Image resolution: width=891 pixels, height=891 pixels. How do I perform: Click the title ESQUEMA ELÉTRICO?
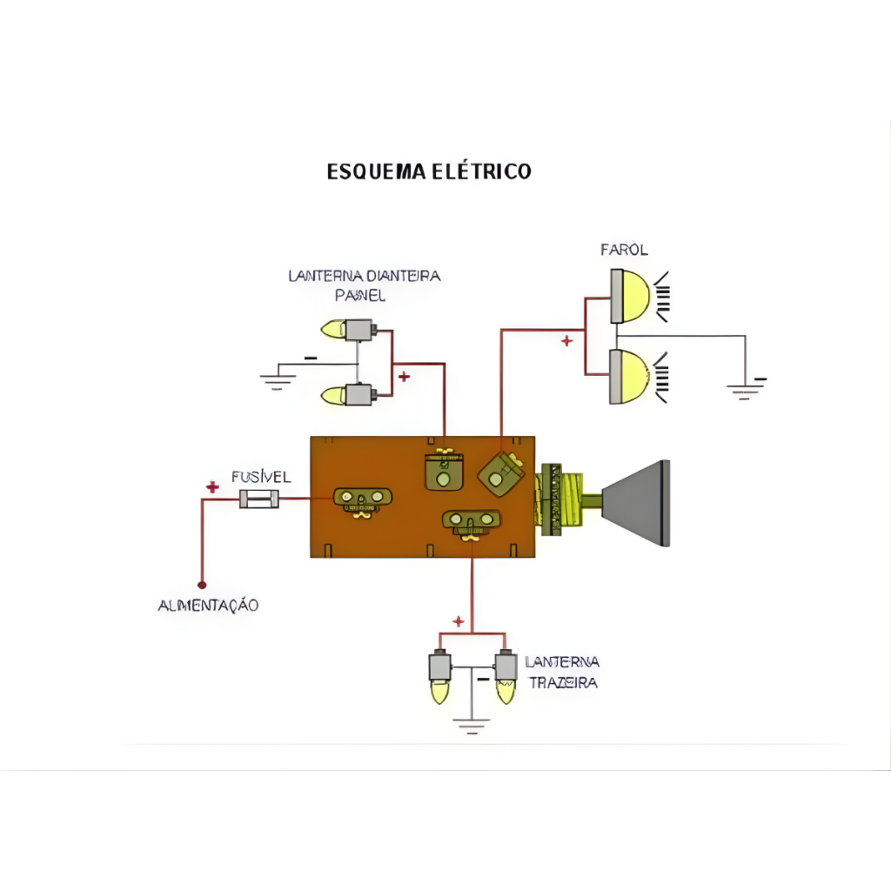tap(429, 171)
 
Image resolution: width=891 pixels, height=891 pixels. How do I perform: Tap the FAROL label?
tap(624, 250)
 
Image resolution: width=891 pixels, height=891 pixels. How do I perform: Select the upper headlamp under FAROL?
tap(631, 296)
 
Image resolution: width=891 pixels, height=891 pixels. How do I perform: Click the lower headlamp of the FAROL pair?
tap(631, 376)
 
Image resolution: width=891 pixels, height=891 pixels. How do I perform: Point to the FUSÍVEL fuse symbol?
tap(259, 499)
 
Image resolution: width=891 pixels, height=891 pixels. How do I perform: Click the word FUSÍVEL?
tap(261, 477)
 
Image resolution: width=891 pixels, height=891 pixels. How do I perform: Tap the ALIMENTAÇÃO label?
tap(208, 605)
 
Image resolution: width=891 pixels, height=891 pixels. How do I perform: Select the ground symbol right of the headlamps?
tap(746, 388)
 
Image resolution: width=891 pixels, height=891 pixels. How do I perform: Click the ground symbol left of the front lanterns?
tap(277, 379)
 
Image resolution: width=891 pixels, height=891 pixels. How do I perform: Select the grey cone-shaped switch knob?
tap(638, 503)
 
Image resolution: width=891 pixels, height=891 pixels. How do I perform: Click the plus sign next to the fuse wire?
tap(211, 486)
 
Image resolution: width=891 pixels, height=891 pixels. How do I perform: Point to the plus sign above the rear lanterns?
tap(459, 620)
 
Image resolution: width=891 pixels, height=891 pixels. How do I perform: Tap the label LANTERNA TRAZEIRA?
tap(562, 673)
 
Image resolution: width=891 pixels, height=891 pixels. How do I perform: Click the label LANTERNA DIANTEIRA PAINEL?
tap(364, 285)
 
